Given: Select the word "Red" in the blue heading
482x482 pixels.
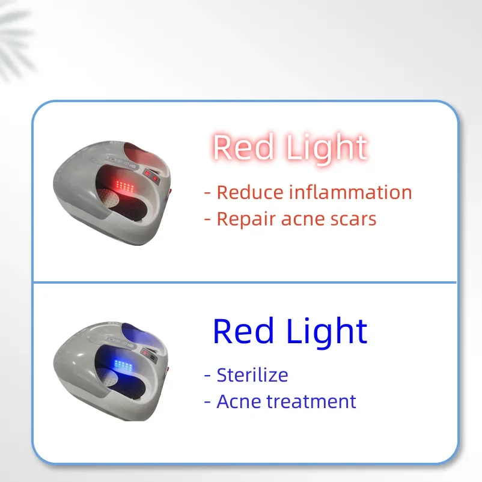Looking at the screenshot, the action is point(243,331).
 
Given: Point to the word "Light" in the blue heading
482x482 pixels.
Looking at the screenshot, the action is point(327,332).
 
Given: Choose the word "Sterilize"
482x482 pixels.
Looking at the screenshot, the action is point(252,374).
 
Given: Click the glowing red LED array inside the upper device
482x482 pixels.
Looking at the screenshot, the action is point(124,186).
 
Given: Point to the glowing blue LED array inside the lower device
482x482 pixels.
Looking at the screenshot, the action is point(123,365).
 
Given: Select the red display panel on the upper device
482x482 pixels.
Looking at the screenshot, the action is point(151,176).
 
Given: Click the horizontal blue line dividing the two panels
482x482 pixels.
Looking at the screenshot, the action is point(245,282).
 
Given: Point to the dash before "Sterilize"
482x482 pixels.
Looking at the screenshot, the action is point(207,376).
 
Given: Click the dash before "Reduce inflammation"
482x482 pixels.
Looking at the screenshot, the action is point(207,194).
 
